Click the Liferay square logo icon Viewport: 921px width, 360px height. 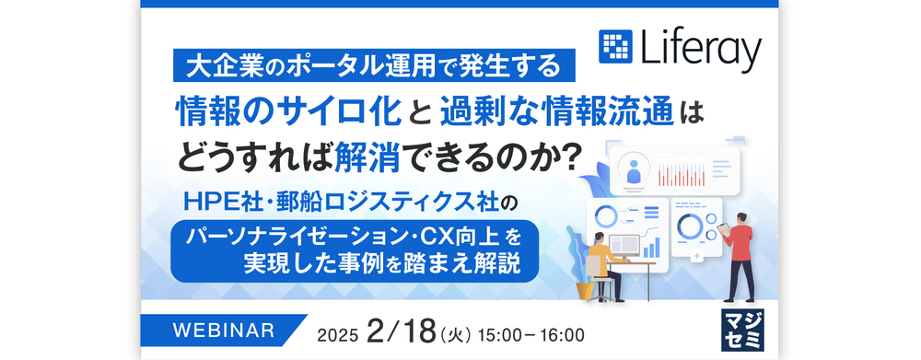click(x=615, y=46)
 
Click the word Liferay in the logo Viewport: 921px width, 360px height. click(x=701, y=49)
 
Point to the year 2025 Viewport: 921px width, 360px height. click(x=337, y=335)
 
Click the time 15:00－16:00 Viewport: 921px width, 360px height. click(x=531, y=335)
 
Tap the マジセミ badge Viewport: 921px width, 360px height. click(x=742, y=330)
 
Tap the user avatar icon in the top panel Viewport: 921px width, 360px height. click(x=634, y=170)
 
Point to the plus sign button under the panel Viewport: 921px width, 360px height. click(x=697, y=257)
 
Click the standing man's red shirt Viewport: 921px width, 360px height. click(x=741, y=242)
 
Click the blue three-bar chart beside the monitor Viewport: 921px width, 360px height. click(x=651, y=248)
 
